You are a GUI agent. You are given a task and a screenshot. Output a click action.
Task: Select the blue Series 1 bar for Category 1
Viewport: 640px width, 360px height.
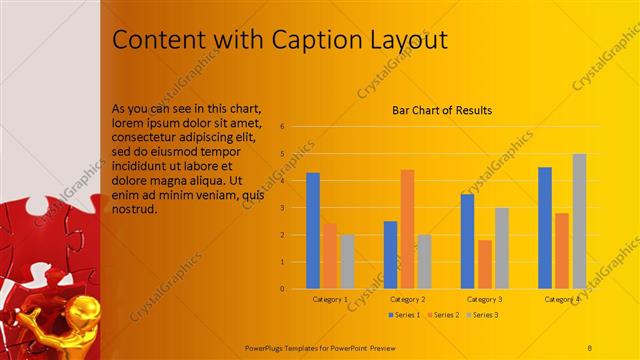pyautogui.click(x=313, y=230)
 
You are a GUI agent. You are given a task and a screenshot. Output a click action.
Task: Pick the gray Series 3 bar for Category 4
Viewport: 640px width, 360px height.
pyautogui.click(x=579, y=221)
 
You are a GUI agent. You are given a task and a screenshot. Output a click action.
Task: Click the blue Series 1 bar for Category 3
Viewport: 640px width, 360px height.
pyautogui.click(x=467, y=241)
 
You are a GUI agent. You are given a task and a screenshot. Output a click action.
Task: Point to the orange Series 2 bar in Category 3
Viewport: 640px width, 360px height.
pyautogui.click(x=485, y=264)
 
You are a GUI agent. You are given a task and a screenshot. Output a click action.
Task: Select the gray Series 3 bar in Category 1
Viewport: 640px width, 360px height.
pyautogui.click(x=346, y=261)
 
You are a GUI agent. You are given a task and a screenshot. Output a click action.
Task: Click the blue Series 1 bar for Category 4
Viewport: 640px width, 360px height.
pyautogui.click(x=545, y=227)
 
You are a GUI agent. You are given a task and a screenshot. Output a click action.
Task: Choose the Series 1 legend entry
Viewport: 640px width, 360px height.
pyautogui.click(x=403, y=315)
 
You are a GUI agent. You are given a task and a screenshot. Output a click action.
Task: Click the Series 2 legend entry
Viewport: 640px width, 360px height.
pyautogui.click(x=442, y=315)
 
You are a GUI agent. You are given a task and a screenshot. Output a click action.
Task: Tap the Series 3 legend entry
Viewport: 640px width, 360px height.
pyautogui.click(x=481, y=315)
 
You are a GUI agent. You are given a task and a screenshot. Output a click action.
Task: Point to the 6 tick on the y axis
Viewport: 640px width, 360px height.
pyautogui.click(x=283, y=127)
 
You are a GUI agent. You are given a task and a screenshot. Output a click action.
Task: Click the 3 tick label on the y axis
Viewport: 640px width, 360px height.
pyautogui.click(x=283, y=208)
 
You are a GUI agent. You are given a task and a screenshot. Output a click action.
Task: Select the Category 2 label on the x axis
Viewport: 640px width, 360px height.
pyautogui.click(x=407, y=299)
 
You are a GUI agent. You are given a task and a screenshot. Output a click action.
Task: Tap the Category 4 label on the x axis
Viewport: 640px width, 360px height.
pyautogui.click(x=562, y=299)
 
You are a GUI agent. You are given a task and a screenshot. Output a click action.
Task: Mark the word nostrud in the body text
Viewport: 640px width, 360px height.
pyautogui.click(x=135, y=211)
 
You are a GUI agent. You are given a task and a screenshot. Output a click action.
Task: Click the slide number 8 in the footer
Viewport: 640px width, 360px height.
pyautogui.click(x=590, y=346)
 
